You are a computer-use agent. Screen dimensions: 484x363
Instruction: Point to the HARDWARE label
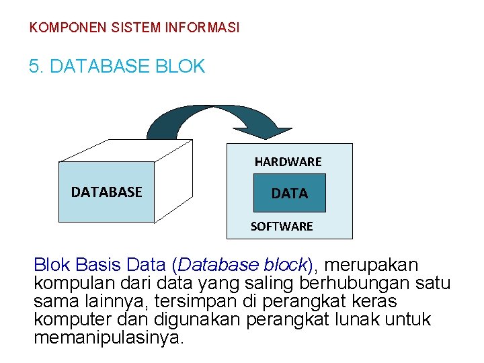pyautogui.click(x=288, y=162)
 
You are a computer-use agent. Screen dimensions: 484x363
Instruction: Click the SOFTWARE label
pyautogui.click(x=282, y=227)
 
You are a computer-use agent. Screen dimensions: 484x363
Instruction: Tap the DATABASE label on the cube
pyautogui.click(x=106, y=192)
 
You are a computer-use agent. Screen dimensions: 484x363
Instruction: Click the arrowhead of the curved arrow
pyautogui.click(x=275, y=132)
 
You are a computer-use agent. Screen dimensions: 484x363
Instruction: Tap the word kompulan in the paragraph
pyautogui.click(x=65, y=283)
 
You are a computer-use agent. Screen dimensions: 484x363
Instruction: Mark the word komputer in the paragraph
pyautogui.click(x=67, y=319)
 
